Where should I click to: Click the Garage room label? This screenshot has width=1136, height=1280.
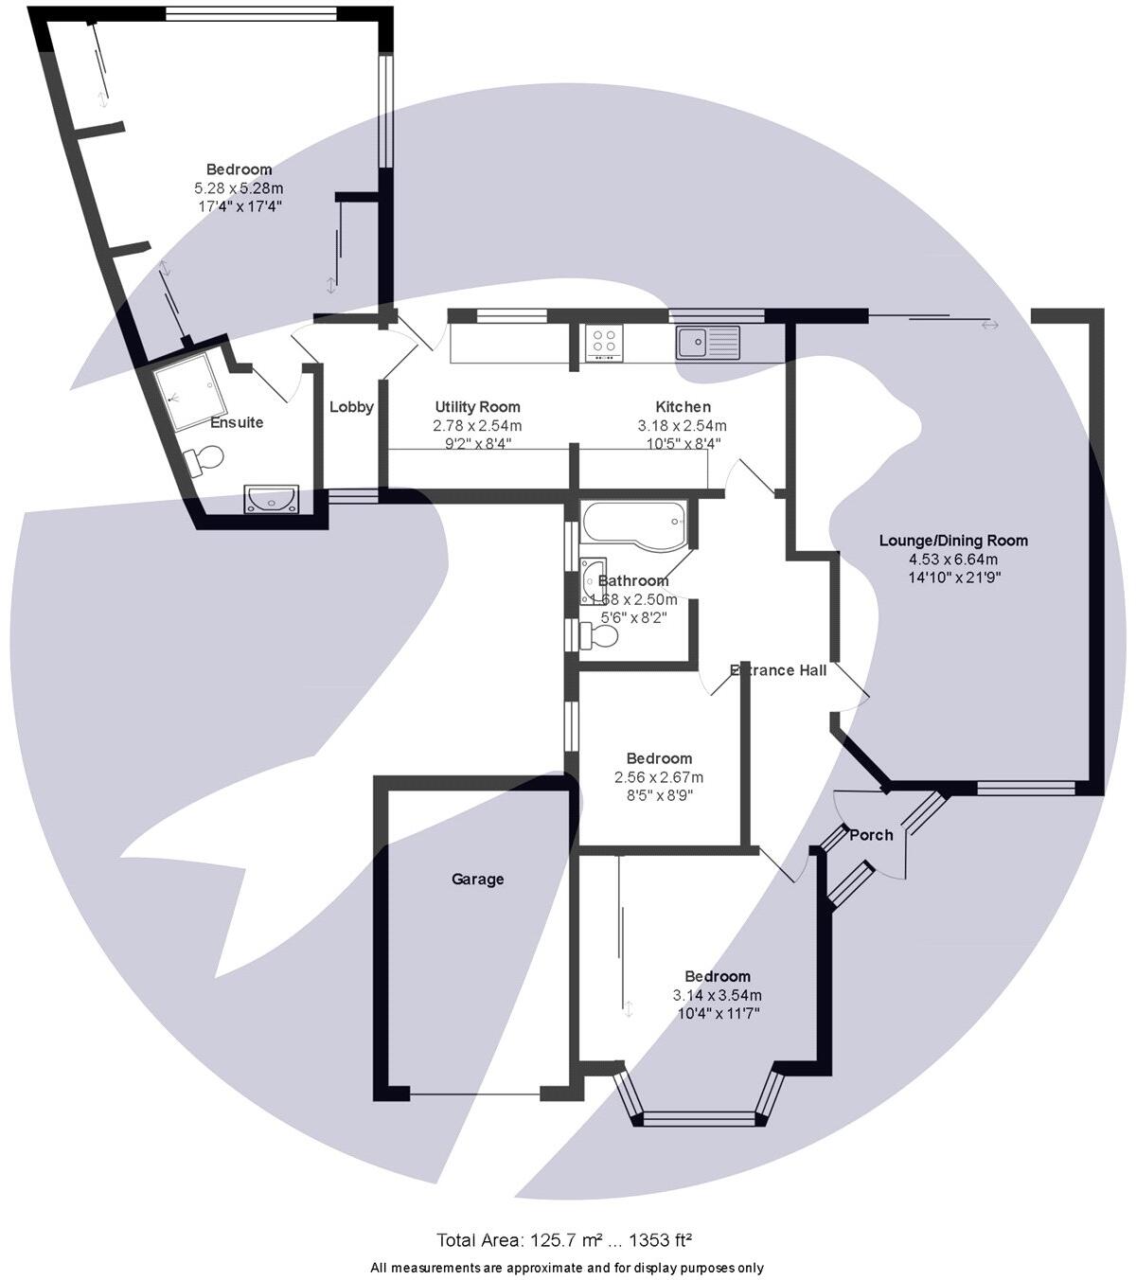tap(477, 879)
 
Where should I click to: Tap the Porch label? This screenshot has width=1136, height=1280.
tap(871, 834)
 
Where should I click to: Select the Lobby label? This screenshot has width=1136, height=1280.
tap(351, 407)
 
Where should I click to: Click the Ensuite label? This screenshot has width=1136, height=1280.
tap(237, 422)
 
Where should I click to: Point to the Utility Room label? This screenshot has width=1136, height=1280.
tap(477, 407)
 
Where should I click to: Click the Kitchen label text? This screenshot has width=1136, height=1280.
tap(682, 407)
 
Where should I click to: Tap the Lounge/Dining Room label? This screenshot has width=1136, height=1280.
tap(953, 541)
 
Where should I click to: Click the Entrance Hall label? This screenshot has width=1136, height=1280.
tap(778, 670)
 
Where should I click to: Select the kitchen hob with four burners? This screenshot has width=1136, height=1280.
tap(604, 342)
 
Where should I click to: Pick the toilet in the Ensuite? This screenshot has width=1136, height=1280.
tap(204, 460)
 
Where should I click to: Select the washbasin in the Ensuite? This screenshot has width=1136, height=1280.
tap(273, 498)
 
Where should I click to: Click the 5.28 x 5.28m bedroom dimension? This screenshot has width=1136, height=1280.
tap(239, 187)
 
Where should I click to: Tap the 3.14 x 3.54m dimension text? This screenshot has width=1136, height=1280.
tap(717, 995)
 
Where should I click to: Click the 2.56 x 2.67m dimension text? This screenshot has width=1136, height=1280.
tap(659, 777)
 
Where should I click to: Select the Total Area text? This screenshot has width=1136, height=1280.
tap(564, 1240)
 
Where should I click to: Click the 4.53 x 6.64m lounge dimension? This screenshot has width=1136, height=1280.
tap(953, 559)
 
